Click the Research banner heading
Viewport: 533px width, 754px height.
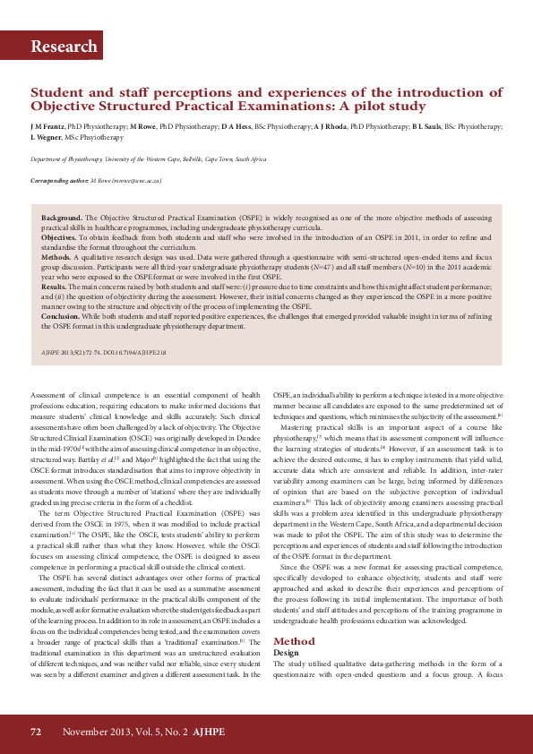tap(64, 47)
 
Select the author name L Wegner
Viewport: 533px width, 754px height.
tap(47, 137)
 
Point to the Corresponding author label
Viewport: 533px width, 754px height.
tap(59, 180)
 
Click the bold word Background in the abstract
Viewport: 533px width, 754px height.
tap(62, 218)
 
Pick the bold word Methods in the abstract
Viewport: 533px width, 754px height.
tap(57, 256)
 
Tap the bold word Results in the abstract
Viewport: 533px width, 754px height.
tap(56, 285)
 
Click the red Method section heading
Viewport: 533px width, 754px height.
tap(294, 641)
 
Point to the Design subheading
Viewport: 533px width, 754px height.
tap(287, 653)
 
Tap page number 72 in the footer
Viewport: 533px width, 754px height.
tap(36, 732)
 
